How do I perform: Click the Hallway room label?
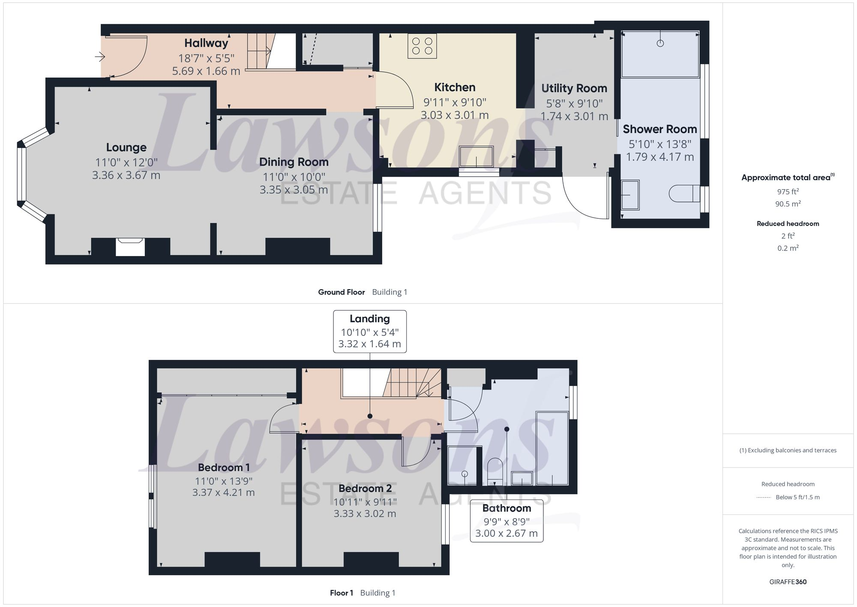coord(206,43)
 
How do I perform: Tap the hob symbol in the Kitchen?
coord(422,46)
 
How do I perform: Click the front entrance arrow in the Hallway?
coord(100,57)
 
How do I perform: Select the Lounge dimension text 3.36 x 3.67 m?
coord(126,175)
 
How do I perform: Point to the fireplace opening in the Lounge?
coord(130,248)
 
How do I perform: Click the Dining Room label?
coord(294,162)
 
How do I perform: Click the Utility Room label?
coord(574,88)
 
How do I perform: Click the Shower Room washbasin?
coord(630,195)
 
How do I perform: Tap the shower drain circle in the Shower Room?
coord(660,43)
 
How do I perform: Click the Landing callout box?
coord(369,332)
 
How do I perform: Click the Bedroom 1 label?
coord(224,468)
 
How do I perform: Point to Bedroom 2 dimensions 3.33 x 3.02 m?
coord(365,513)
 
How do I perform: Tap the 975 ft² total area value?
coord(788,192)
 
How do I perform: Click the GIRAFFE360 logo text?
coord(788,582)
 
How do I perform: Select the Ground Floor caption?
coord(341,292)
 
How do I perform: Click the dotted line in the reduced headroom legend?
coord(764,498)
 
